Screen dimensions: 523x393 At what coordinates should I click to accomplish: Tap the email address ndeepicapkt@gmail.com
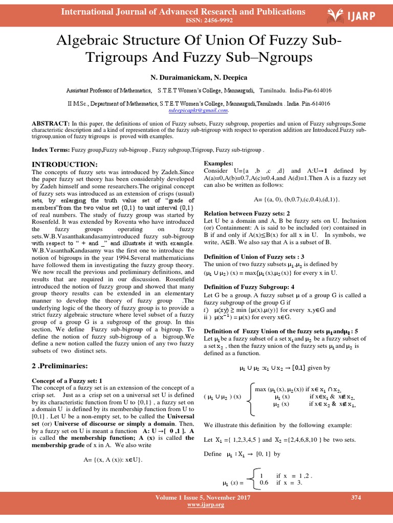tap(199, 110)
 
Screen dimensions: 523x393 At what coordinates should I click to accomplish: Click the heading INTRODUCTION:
tap(64, 164)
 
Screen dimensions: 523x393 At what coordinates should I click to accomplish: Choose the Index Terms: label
tap(51, 151)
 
